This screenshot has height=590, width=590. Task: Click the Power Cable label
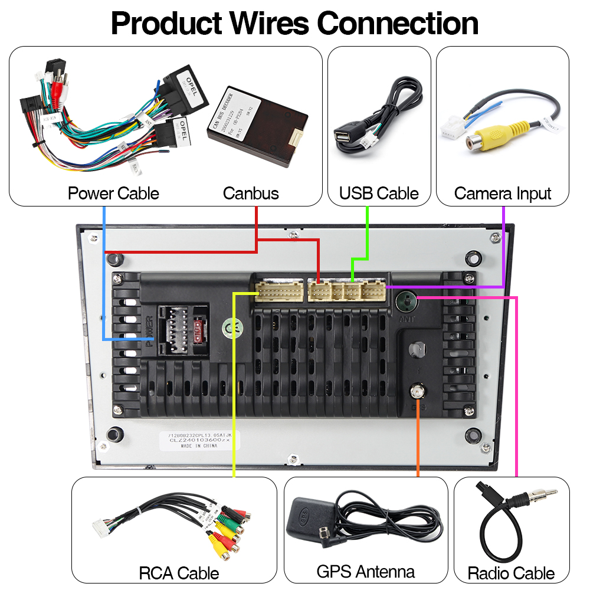click(x=113, y=194)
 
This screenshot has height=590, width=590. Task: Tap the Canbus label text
click(x=251, y=194)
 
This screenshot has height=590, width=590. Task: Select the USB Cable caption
click(x=379, y=194)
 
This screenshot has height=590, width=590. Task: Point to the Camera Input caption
click(x=503, y=194)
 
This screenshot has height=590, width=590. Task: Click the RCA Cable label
click(x=179, y=573)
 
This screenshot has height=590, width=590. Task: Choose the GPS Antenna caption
click(x=366, y=571)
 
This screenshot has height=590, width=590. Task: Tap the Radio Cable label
click(x=512, y=573)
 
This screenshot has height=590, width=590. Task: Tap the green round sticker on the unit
click(x=230, y=327)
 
